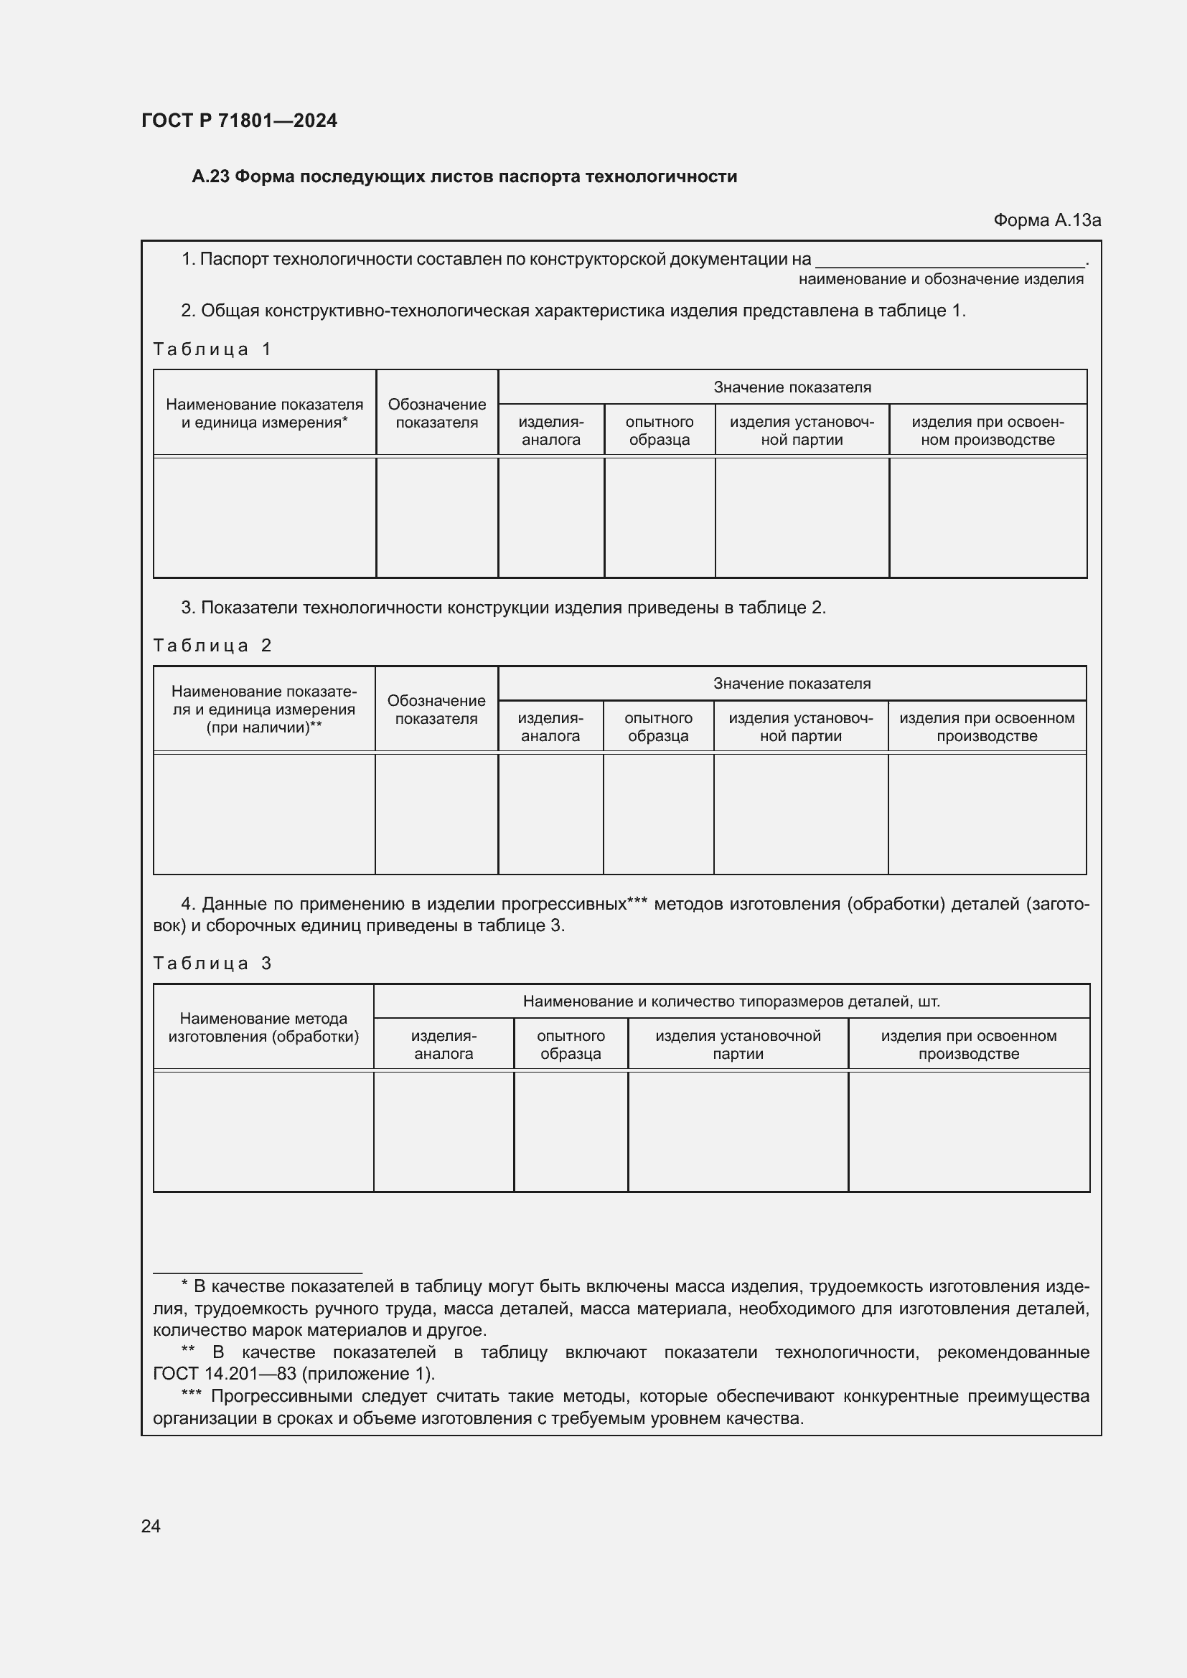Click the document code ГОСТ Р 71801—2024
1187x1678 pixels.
pos(239,121)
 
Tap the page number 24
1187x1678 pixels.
pos(151,1526)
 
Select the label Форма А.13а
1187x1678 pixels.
pos(1046,220)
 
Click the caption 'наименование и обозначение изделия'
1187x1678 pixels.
pos(941,279)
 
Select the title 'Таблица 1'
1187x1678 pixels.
pos(212,349)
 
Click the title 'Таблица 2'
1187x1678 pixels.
pos(212,646)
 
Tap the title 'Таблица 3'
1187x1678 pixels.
pos(212,963)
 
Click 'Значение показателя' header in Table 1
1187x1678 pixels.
pos(792,387)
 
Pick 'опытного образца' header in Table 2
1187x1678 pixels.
pos(658,727)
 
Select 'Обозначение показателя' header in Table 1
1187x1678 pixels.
pos(436,414)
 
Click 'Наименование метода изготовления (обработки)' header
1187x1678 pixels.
pos(263,1027)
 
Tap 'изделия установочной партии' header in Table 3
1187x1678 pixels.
pos(738,1045)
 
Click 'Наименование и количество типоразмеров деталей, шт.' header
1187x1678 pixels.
pos(731,1001)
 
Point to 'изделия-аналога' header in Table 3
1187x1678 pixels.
pos(443,1045)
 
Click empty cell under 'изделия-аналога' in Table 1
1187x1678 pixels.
pos(551,517)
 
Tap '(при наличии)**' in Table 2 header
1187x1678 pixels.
pos(264,727)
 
